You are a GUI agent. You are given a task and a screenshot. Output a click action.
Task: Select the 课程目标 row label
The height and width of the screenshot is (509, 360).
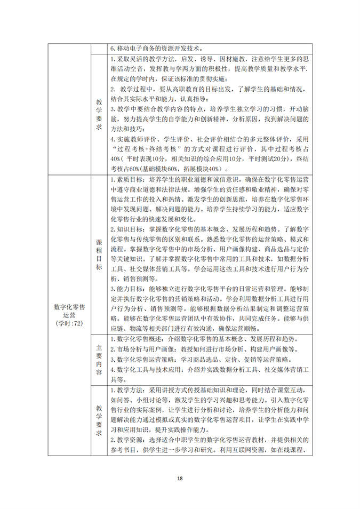pos(99,255)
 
